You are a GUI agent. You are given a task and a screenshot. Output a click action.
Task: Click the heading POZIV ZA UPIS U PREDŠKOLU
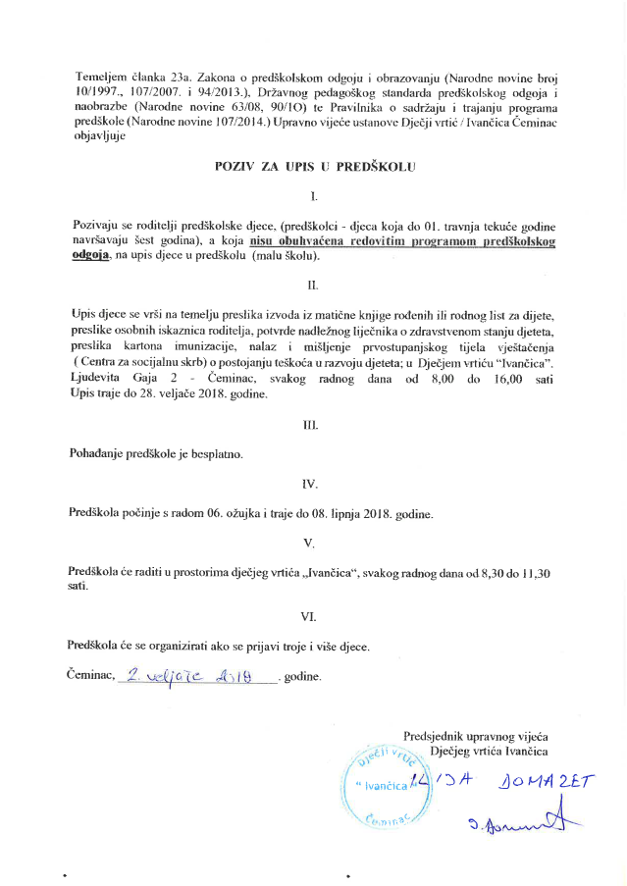tap(315, 167)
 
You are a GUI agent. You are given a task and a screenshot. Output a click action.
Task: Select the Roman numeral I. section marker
tap(313, 197)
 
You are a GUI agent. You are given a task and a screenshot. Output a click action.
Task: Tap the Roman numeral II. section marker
tap(313, 286)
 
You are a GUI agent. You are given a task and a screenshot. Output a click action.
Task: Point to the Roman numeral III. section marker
tap(313, 426)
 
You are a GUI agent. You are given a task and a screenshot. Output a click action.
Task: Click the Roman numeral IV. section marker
tap(313, 483)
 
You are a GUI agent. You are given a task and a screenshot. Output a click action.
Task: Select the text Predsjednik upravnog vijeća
tap(476, 736)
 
